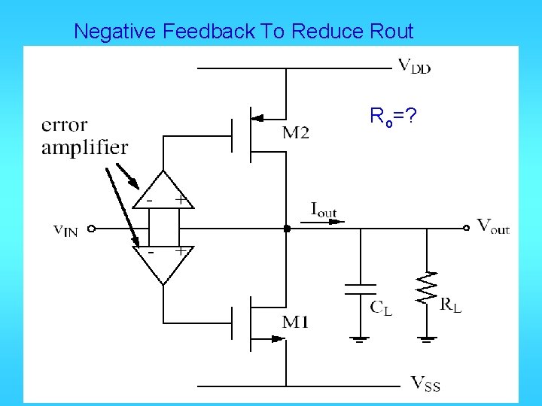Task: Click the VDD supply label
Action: [414, 66]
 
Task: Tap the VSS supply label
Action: [425, 384]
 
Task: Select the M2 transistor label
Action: [295, 134]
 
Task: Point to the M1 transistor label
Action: [295, 323]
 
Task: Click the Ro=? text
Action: [392, 117]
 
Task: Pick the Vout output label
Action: [494, 226]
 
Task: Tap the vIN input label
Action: [65, 230]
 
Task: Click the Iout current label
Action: [324, 210]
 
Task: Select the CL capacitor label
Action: [380, 306]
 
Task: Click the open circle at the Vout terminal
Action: [468, 226]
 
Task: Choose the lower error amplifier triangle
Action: [163, 262]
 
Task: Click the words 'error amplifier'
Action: [84, 136]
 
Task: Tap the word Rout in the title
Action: [390, 32]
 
